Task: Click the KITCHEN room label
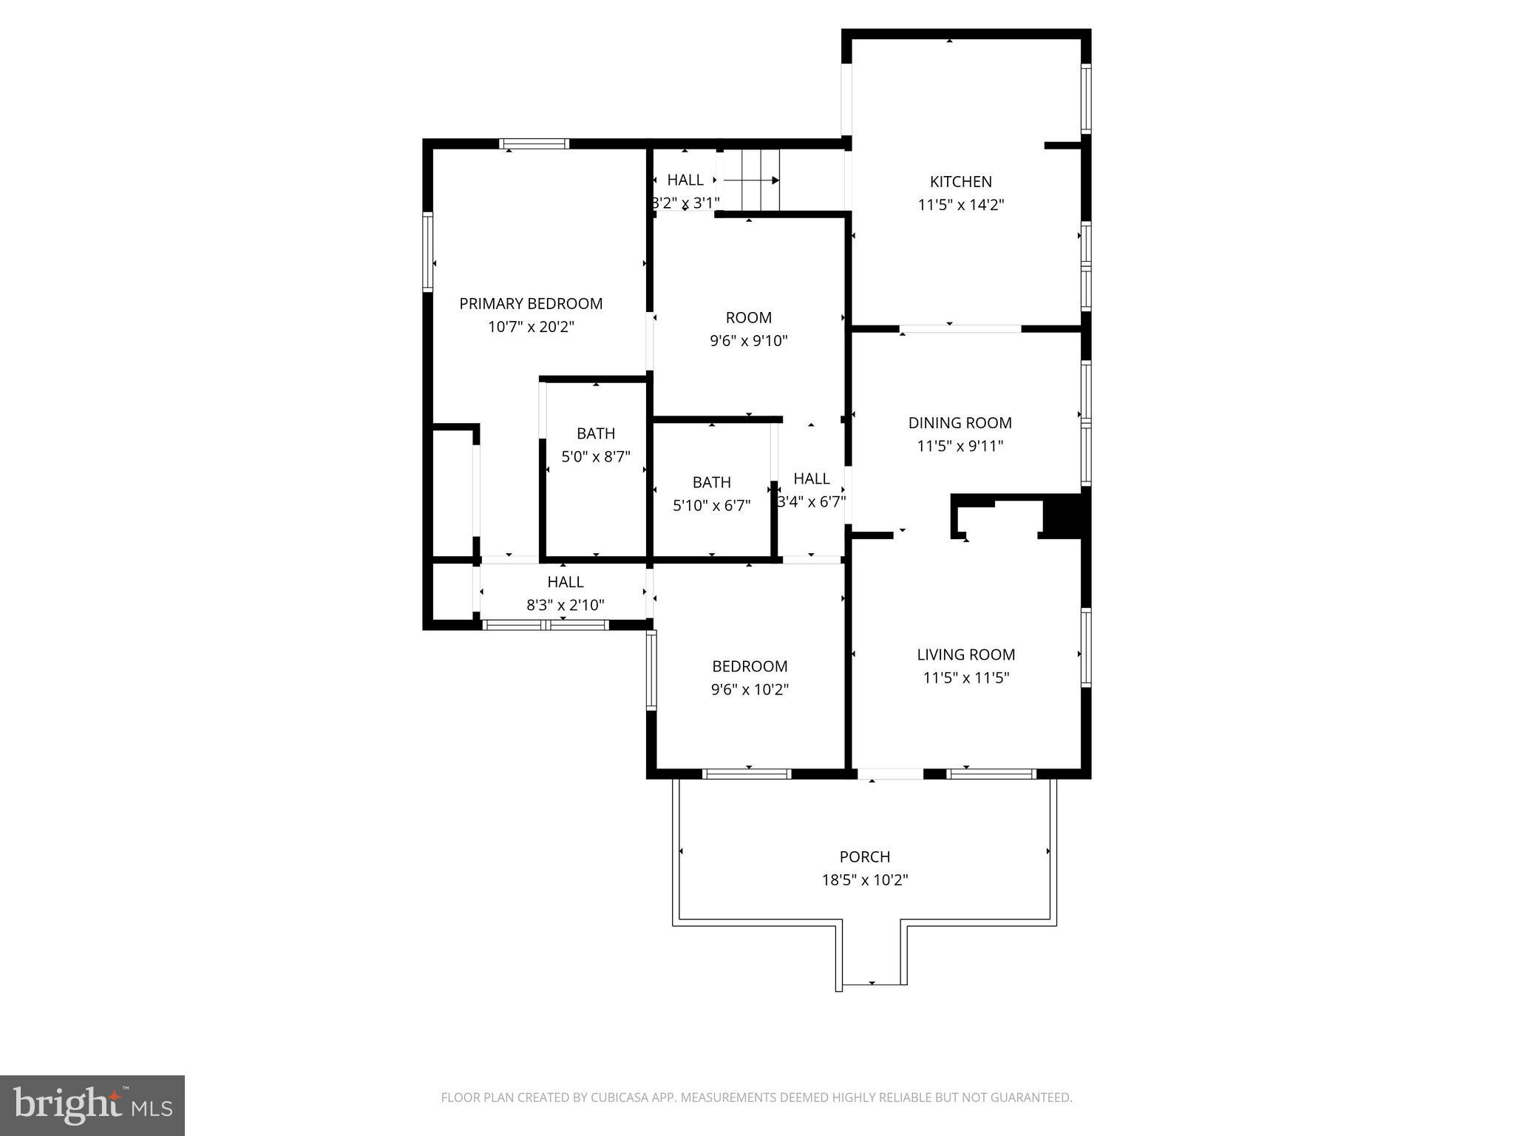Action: tap(960, 181)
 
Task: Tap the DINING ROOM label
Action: tap(960, 422)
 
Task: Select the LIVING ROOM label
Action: tap(965, 654)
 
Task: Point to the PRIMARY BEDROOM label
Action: tap(531, 303)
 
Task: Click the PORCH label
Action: tap(864, 856)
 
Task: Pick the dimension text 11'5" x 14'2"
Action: tap(960, 205)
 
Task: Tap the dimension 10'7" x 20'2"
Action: tap(531, 327)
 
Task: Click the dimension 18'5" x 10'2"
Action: tap(864, 880)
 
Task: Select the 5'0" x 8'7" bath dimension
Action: tap(596, 457)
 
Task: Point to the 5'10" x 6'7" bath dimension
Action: tap(711, 506)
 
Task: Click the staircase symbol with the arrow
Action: tap(751, 180)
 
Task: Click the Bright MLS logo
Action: tap(92, 1105)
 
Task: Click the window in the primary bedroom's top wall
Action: tap(534, 143)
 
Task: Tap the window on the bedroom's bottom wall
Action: tap(747, 774)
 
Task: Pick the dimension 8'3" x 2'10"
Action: tap(565, 605)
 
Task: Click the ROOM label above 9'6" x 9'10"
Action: tap(748, 317)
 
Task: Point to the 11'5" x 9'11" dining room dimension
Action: tap(960, 446)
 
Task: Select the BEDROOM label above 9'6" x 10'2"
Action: tap(749, 666)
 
